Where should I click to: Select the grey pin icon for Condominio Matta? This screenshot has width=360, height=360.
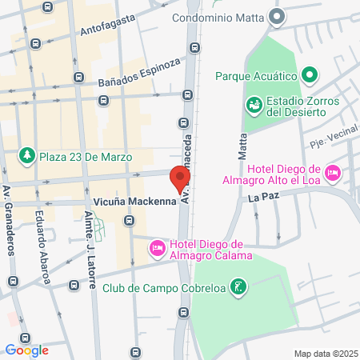(278, 16)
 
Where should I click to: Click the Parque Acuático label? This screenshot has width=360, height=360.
(256, 77)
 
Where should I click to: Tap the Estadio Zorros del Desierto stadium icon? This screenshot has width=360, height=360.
(254, 104)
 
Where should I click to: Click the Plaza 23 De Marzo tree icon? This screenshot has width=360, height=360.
(26, 156)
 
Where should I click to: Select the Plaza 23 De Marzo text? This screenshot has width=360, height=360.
(85, 157)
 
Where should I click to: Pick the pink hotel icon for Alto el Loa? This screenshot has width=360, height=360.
(333, 172)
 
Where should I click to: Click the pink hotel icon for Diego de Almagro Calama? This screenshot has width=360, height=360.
(158, 250)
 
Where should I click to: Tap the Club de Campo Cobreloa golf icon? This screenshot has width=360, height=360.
(237, 286)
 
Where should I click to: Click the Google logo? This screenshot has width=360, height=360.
(26, 349)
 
